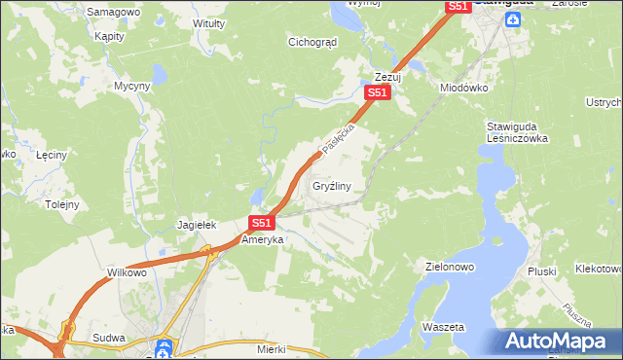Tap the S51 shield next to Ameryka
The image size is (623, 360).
pyautogui.click(x=260, y=223)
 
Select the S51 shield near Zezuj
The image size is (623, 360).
pyautogui.click(x=378, y=93)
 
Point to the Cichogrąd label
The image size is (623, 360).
pyautogui.click(x=311, y=42)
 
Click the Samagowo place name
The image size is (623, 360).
pyautogui.click(x=113, y=12)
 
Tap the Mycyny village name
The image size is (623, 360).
pyautogui.click(x=132, y=86)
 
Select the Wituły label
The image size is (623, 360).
pyautogui.click(x=209, y=22)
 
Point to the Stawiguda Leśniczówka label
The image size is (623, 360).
pyautogui.click(x=518, y=132)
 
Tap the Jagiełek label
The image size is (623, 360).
pyautogui.click(x=195, y=225)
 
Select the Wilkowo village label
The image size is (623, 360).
pyautogui.click(x=127, y=272)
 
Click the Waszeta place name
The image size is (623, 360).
pyautogui.click(x=443, y=327)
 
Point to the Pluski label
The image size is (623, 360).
pyautogui.click(x=540, y=271)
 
